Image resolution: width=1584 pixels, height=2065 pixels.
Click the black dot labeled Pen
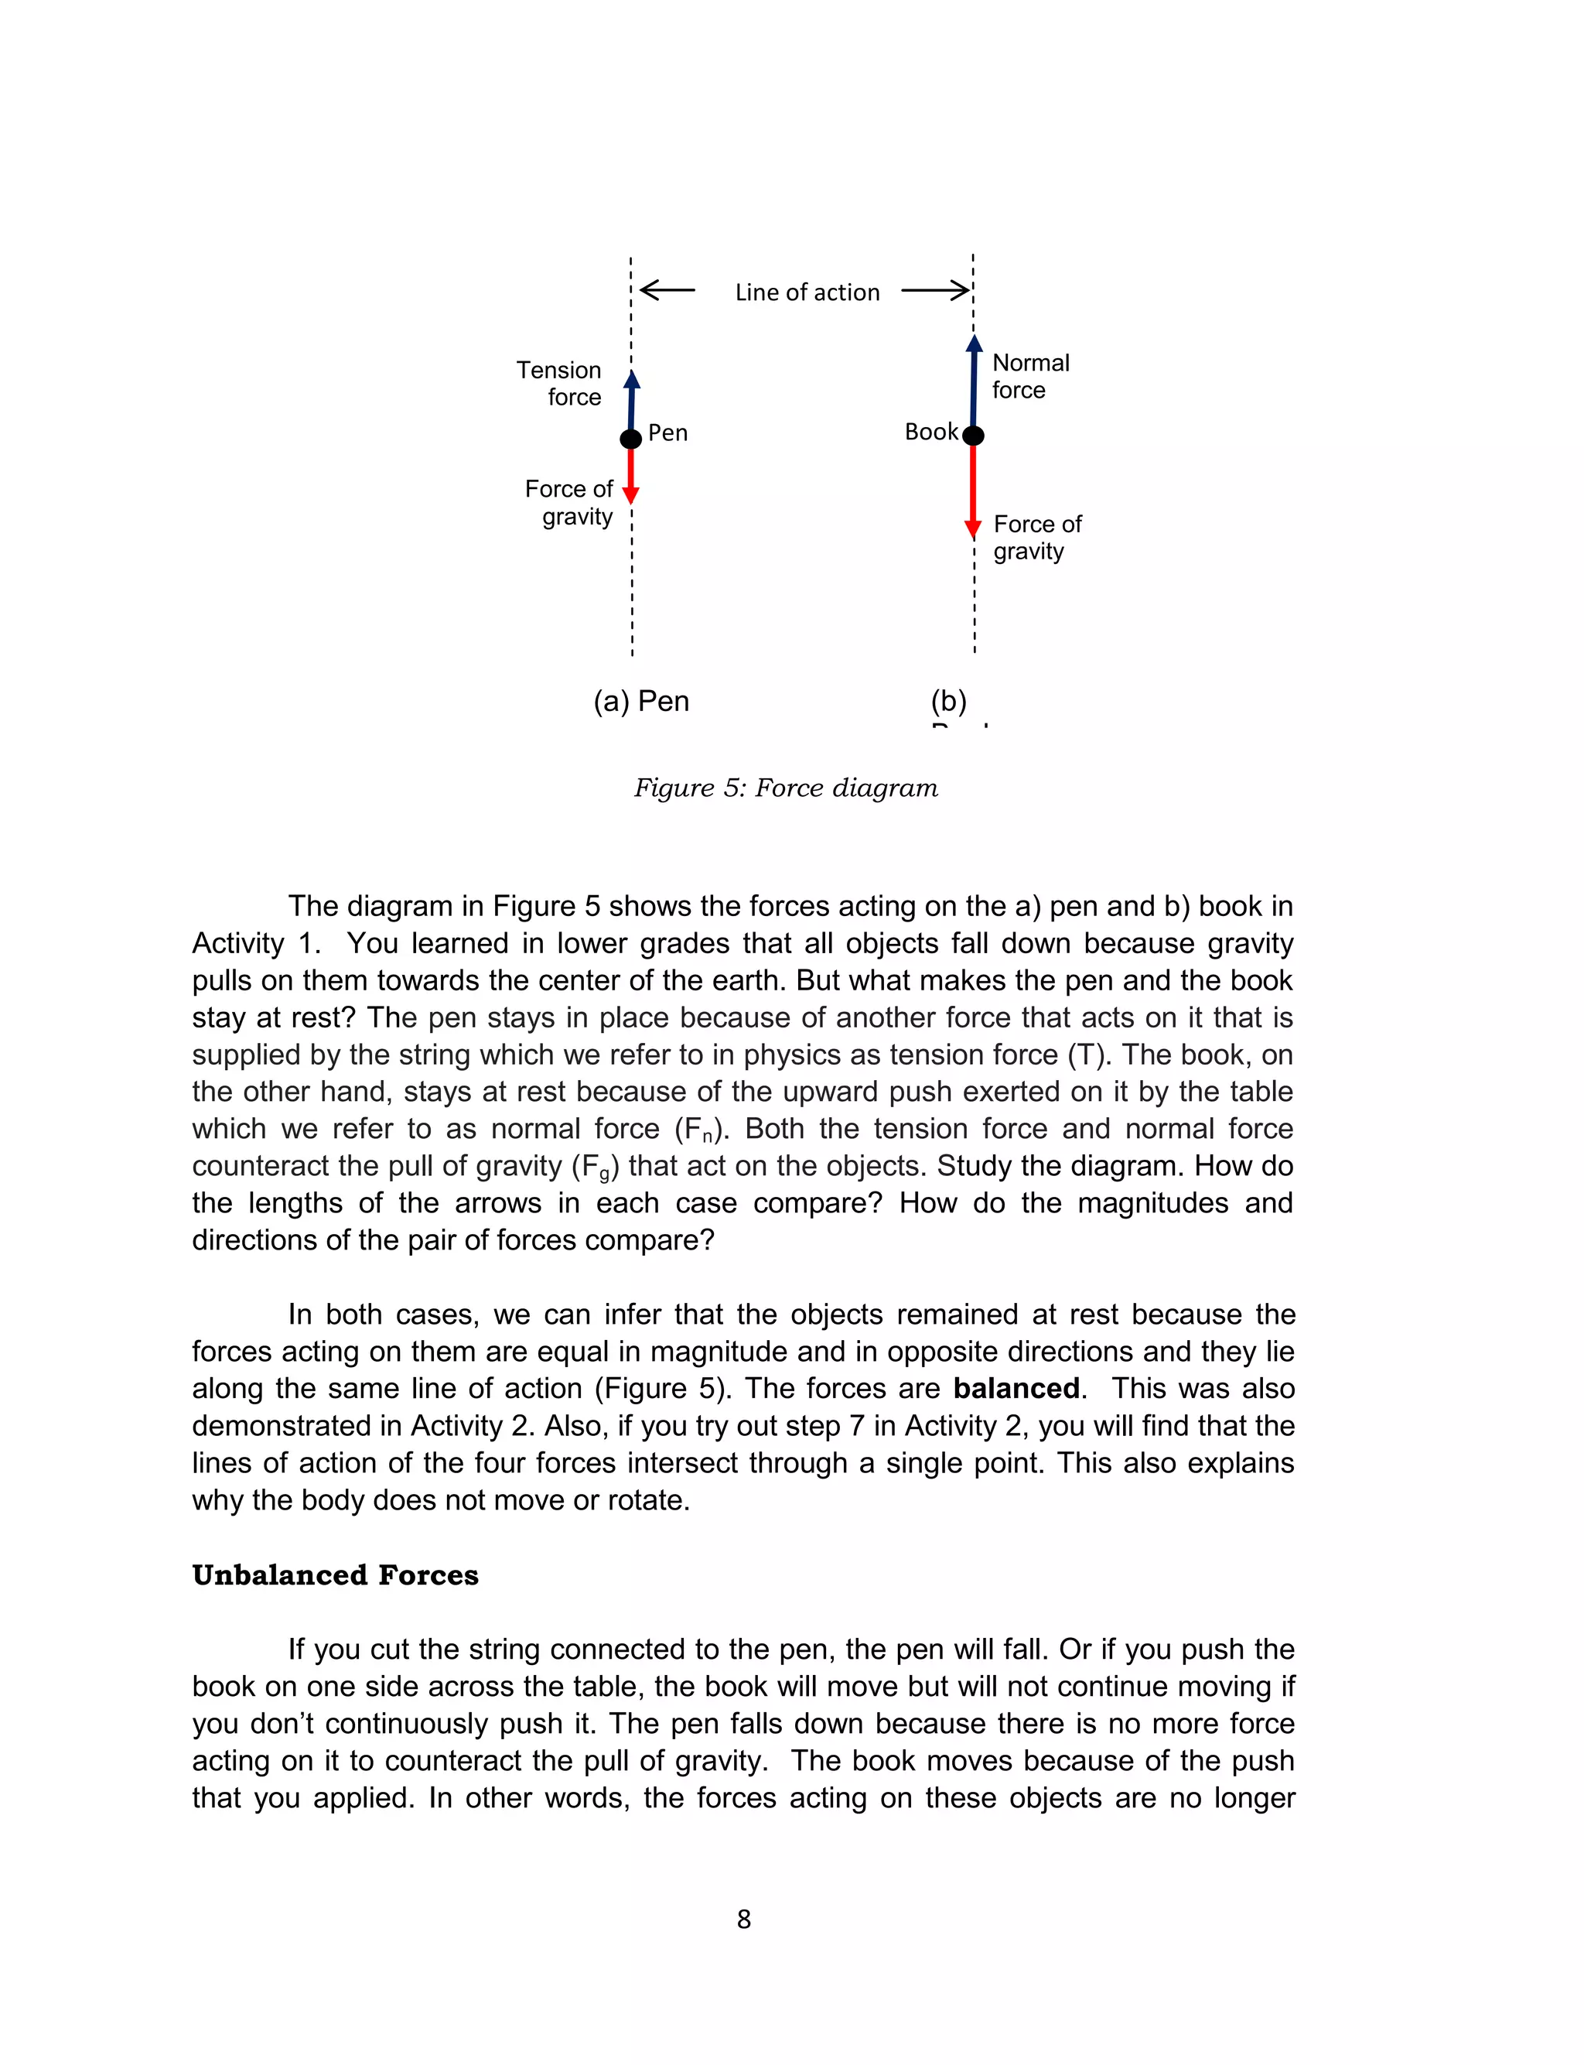(631, 439)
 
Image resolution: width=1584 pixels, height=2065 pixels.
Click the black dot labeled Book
(973, 436)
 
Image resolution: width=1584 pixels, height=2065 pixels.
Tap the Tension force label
(559, 383)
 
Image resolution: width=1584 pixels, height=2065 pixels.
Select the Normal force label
(1029, 376)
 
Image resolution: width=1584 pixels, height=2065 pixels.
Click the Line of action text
(807, 292)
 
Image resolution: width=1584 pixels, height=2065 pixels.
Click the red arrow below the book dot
(973, 491)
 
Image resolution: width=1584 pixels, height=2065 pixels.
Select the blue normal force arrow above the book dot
(974, 382)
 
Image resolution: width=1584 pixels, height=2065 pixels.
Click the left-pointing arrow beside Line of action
(667, 290)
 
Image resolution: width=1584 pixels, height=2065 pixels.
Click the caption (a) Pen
(641, 702)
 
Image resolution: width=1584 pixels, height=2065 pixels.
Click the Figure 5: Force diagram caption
(785, 788)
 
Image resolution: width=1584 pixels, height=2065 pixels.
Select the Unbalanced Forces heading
(335, 1574)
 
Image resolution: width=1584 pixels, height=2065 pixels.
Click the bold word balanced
(1016, 1388)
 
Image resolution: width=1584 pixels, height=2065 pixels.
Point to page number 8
(744, 1919)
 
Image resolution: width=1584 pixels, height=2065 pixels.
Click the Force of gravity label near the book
(1036, 538)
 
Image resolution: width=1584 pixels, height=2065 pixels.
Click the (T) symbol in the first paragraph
(1085, 1055)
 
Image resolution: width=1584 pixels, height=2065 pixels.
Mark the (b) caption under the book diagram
(948, 702)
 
